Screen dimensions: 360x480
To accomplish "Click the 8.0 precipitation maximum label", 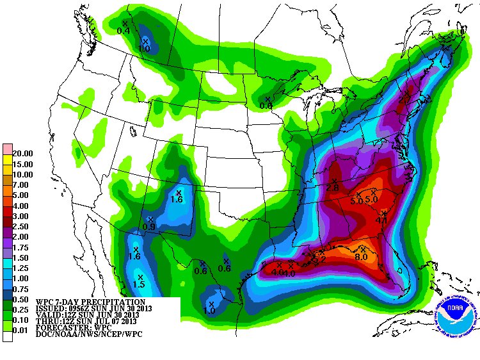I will (360, 258).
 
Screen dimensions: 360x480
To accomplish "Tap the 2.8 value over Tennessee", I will (332, 188).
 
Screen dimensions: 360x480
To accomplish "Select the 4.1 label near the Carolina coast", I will (382, 221).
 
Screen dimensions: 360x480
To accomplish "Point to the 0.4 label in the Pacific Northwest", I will (124, 31).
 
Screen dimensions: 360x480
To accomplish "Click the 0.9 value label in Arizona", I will (149, 227).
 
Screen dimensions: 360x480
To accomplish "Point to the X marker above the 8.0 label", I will (363, 249).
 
